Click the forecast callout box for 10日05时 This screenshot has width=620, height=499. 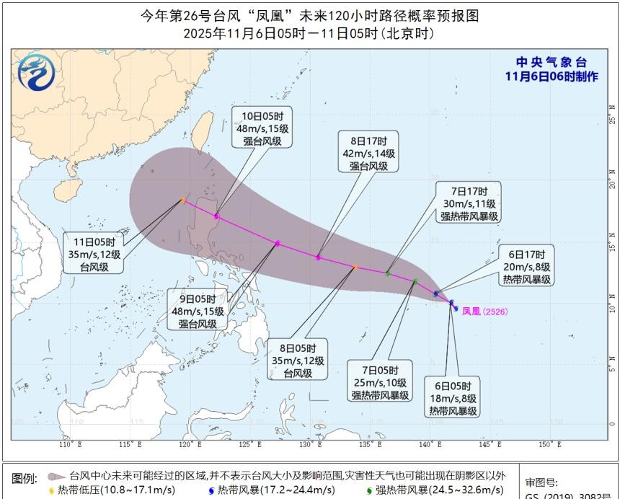[257, 128]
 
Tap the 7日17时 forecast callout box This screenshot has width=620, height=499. [470, 203]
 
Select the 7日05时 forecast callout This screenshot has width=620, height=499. [381, 381]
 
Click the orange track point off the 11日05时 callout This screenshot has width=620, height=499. [184, 200]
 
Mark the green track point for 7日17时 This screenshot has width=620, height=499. [388, 273]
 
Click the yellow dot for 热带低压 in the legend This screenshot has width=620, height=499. [50, 490]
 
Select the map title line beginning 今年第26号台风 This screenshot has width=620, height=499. [309, 15]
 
